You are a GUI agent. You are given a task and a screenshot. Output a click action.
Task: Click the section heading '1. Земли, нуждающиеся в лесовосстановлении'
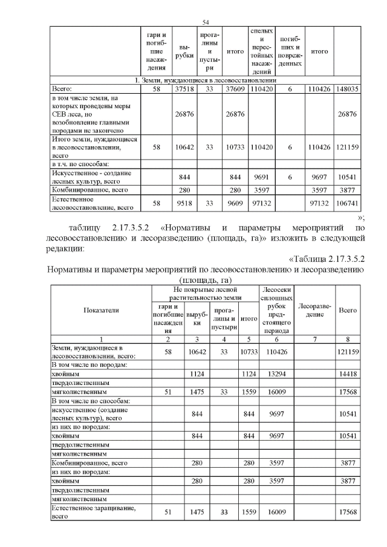[x=205, y=80]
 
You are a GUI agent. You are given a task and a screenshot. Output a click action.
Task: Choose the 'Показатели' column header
[x=101, y=309]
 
